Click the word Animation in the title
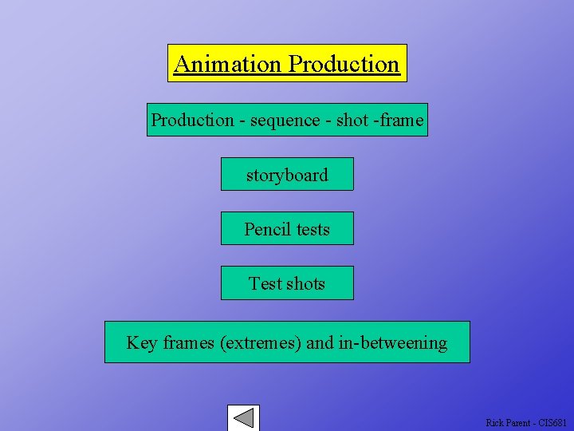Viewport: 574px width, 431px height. point(228,64)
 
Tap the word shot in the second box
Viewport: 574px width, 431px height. point(352,121)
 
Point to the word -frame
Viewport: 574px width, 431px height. point(398,121)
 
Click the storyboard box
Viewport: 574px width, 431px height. point(287,175)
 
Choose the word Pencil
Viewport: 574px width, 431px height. point(268,230)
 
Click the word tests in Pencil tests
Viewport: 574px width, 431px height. point(313,230)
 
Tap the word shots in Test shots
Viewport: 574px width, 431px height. point(306,284)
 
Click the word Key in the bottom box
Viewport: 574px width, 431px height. point(142,343)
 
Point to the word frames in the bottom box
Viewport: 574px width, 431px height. point(188,343)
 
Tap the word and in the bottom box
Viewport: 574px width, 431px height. point(320,343)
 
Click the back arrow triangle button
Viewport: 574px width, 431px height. point(244,418)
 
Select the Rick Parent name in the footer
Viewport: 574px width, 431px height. point(505,422)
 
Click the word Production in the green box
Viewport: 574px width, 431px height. point(192,121)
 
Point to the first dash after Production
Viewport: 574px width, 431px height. point(242,121)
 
